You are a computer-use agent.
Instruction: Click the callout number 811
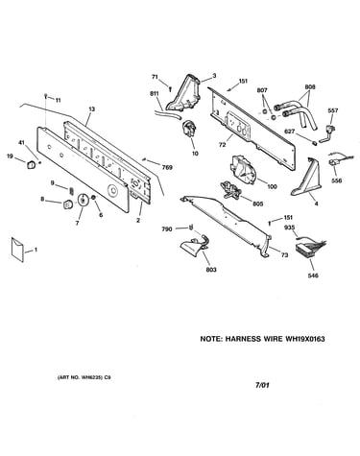tap(155, 93)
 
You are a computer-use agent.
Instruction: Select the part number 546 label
tap(313, 276)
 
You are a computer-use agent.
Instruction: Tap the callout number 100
tap(272, 186)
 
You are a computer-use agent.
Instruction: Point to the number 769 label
tap(167, 167)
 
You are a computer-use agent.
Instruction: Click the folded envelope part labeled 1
tap(17, 250)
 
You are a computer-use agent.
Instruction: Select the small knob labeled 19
tap(31, 164)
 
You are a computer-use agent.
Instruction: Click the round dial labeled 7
tap(84, 200)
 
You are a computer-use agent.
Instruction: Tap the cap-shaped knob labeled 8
tap(67, 204)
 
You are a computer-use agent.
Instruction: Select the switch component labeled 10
tap(189, 129)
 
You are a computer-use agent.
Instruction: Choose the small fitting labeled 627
tap(315, 142)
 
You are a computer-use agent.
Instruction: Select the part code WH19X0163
tap(304, 339)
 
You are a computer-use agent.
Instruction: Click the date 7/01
tap(262, 385)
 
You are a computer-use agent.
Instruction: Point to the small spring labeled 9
tap(71, 191)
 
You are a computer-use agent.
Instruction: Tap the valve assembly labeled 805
tap(231, 190)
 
